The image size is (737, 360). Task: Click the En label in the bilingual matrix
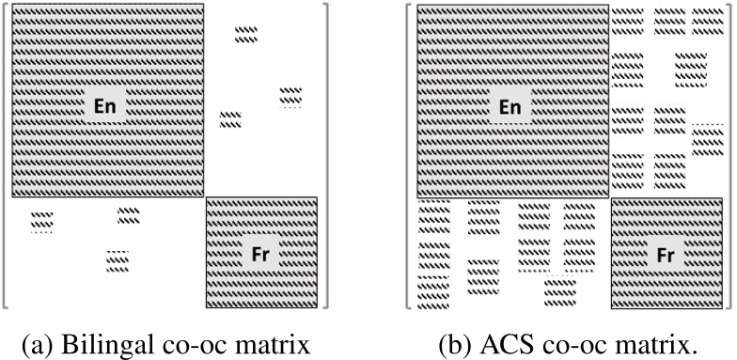tap(105, 107)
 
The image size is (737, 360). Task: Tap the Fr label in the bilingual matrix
tap(262, 253)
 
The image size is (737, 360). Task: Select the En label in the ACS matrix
tap(510, 107)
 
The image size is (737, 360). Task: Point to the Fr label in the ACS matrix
tap(666, 253)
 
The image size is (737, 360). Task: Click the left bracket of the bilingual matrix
tap(6, 155)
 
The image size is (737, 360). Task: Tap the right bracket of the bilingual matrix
tap(325, 155)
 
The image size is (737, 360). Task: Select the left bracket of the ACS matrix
tap(409, 155)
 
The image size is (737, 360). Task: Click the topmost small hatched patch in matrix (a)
tap(246, 35)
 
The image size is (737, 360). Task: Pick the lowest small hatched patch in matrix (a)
tap(118, 260)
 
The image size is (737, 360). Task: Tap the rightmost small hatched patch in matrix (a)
tap(290, 96)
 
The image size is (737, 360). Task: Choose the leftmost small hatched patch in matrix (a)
tap(41, 221)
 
